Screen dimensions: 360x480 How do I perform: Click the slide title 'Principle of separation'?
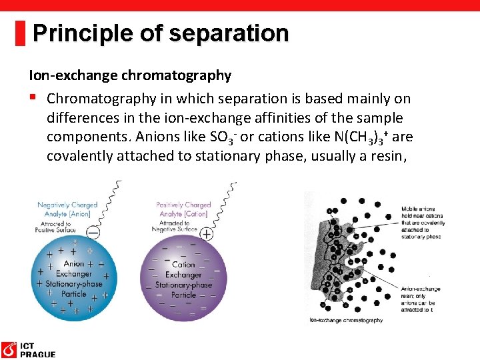[160, 33]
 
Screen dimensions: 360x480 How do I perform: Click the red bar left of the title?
[21, 33]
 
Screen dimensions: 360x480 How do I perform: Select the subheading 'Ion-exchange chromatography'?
[129, 75]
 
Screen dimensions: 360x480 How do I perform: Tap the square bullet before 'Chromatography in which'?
[32, 98]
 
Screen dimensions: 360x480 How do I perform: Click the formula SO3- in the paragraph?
[223, 137]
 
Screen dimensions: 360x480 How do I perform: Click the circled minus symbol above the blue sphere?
[94, 233]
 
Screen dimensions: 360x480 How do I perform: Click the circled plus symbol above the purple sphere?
[207, 233]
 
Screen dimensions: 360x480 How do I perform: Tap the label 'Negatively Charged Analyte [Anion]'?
[67, 209]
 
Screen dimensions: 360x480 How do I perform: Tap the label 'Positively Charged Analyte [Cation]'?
[183, 209]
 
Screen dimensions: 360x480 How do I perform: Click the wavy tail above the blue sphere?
[110, 203]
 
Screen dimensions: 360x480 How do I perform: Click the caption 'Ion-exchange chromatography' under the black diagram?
[346, 321]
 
